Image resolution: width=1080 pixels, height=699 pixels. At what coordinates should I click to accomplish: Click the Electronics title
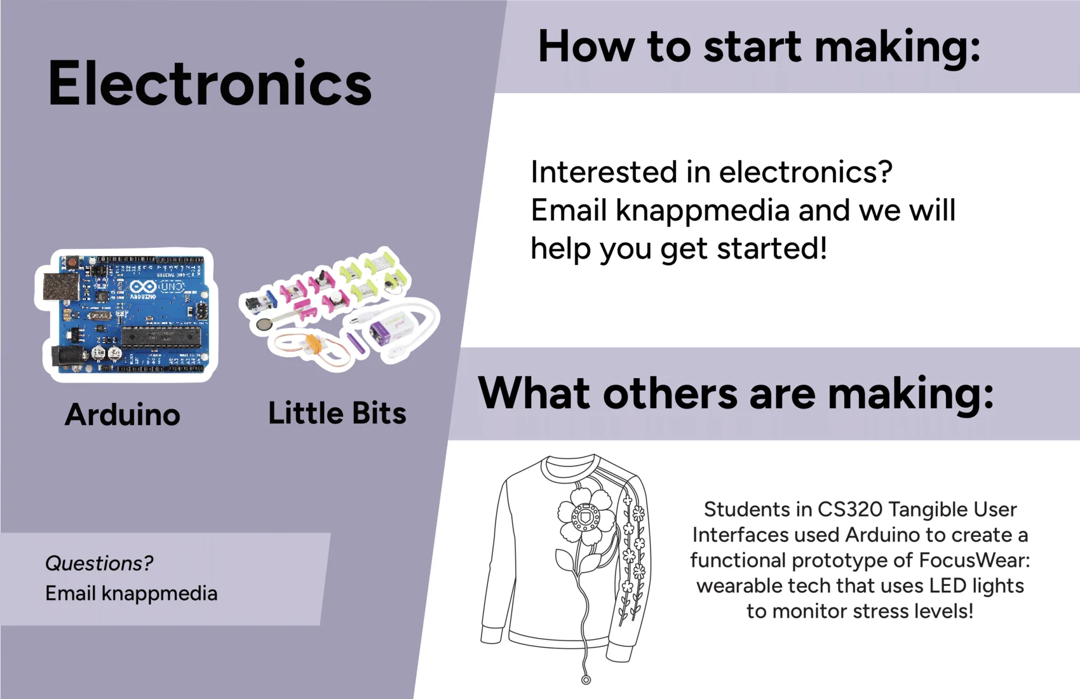point(210,83)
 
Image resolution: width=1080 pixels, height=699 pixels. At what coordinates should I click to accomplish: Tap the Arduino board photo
point(126,315)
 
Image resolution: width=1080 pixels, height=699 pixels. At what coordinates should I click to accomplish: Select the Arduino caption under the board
point(123,414)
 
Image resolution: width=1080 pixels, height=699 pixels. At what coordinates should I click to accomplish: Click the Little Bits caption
point(337,413)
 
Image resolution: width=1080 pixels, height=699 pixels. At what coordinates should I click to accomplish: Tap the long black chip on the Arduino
point(161,336)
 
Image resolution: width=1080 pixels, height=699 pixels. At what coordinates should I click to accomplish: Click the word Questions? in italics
point(99,564)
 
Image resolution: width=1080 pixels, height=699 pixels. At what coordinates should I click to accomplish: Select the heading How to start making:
point(759,47)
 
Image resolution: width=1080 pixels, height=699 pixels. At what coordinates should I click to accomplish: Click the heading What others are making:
point(735,393)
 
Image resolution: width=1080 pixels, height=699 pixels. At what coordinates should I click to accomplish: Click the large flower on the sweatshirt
point(586,518)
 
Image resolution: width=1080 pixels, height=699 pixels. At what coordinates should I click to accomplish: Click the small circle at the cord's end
point(586,680)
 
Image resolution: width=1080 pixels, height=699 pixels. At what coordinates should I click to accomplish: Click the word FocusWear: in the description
point(974,560)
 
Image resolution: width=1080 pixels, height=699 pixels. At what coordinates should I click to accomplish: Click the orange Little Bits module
point(314,344)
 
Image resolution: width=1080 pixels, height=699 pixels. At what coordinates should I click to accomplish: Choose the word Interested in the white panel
point(604,172)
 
